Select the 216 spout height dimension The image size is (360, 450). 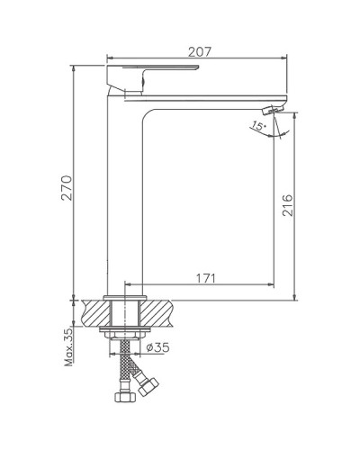coord(286,211)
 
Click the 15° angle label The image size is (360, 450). coord(259,127)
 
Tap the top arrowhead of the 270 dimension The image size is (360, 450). coord(73,68)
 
